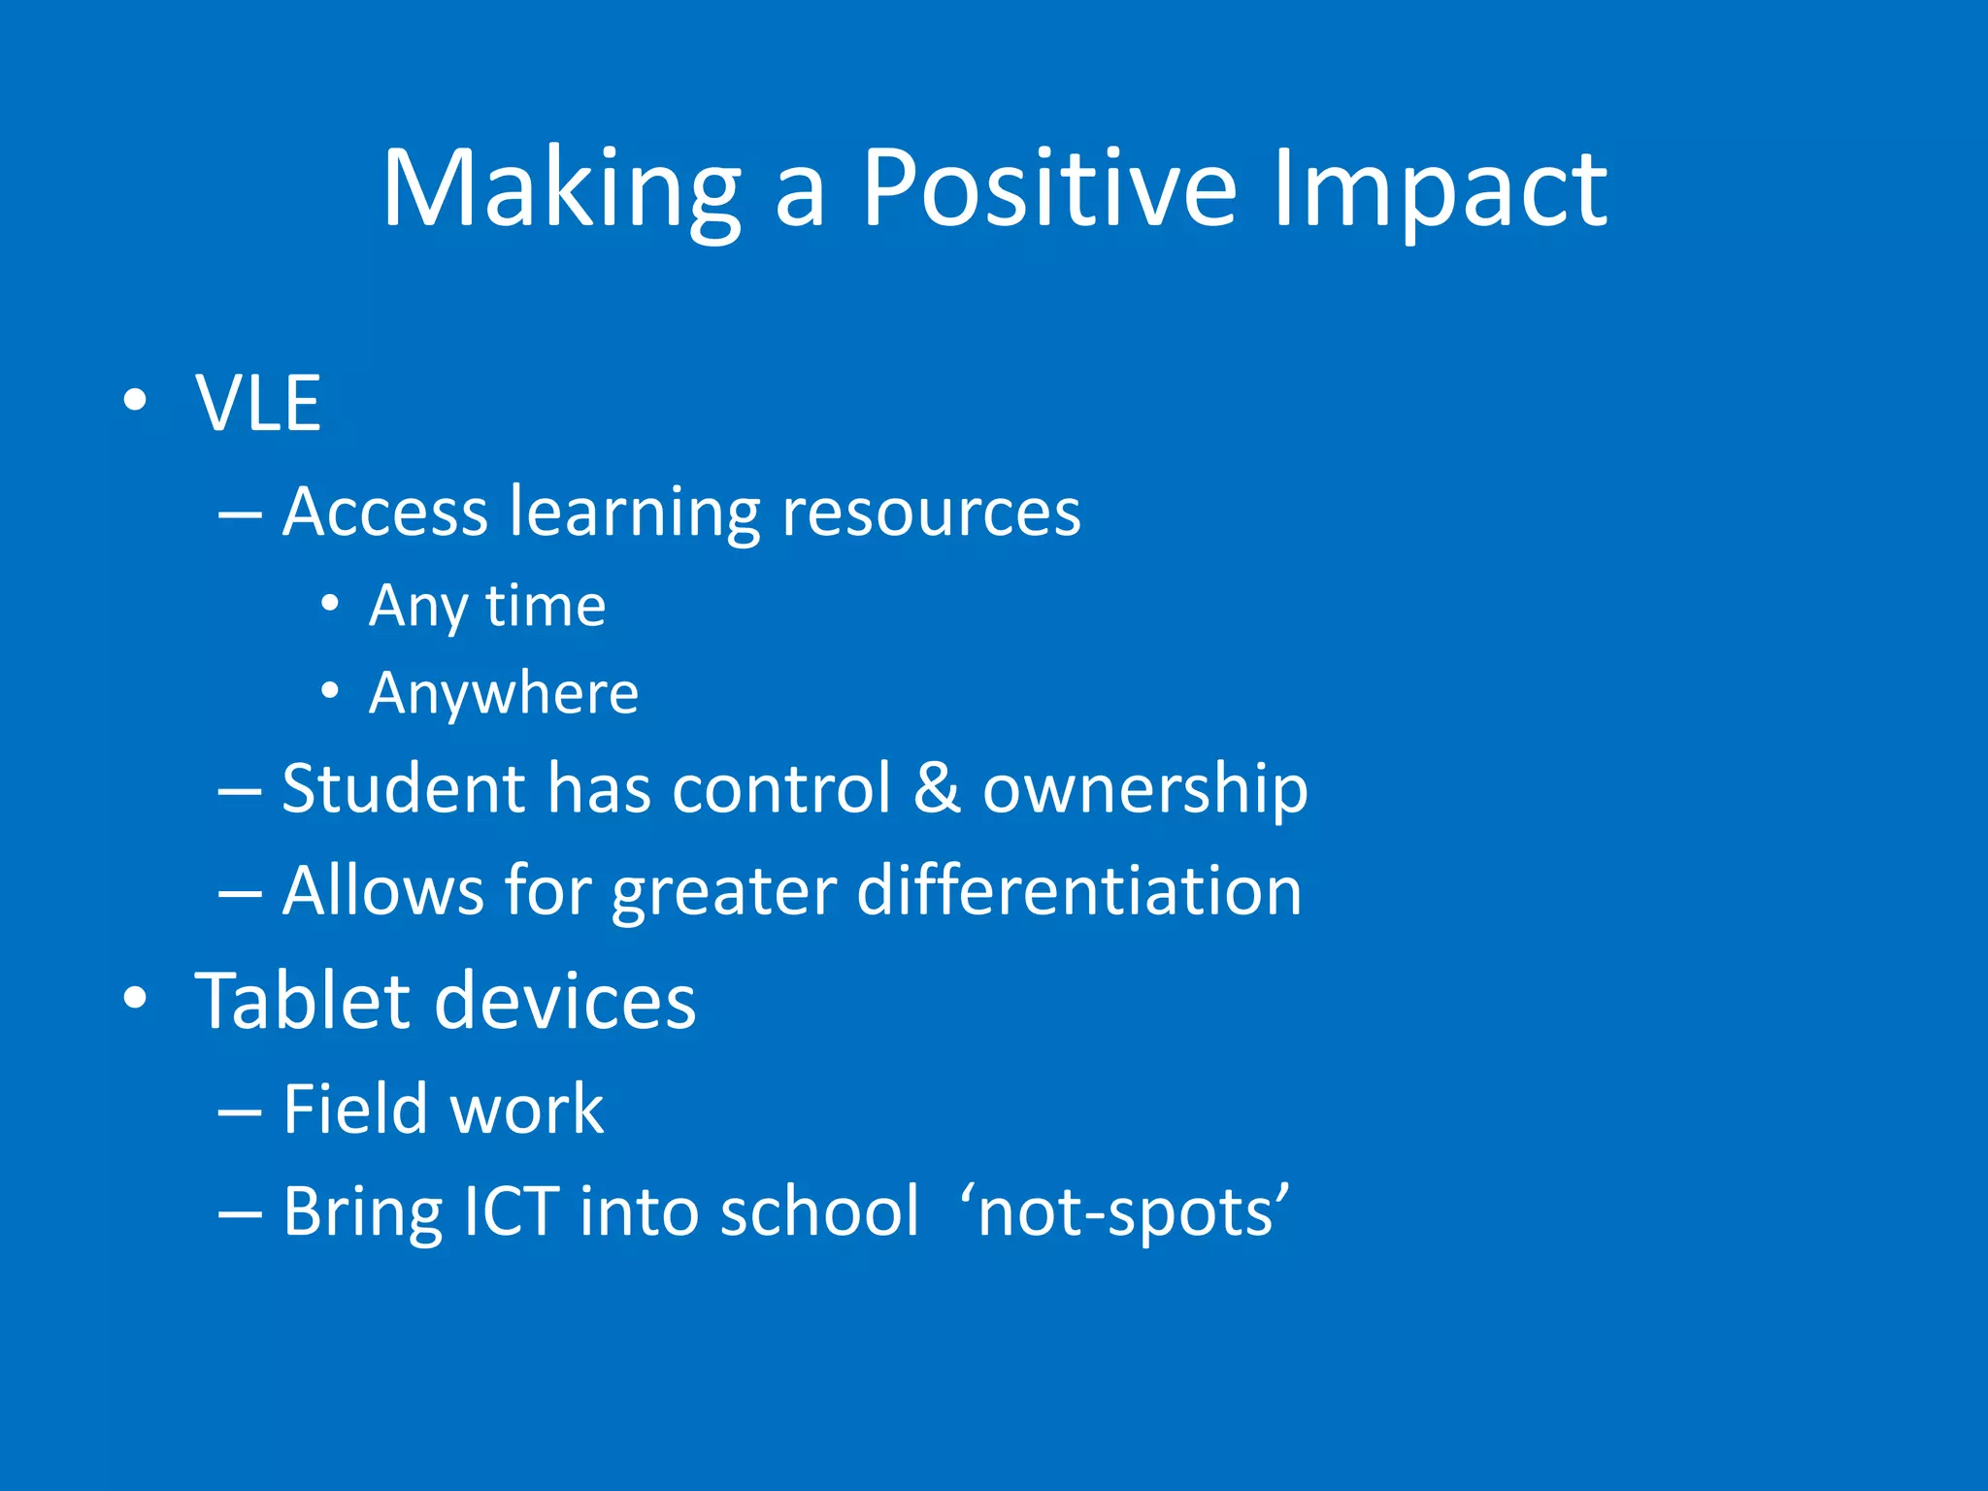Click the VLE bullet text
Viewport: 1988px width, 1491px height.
point(258,403)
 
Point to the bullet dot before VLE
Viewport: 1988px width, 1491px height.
point(135,400)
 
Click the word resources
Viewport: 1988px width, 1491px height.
point(930,512)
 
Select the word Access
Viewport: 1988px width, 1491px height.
point(384,512)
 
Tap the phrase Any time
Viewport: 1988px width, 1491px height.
point(487,607)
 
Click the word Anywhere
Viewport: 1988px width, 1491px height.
point(504,693)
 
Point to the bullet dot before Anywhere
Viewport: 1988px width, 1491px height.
point(330,691)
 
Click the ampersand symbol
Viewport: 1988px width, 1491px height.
point(937,787)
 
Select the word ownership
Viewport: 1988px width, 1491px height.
point(1145,789)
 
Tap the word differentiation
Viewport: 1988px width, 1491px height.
point(1078,890)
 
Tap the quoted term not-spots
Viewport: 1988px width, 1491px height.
point(1125,1212)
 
